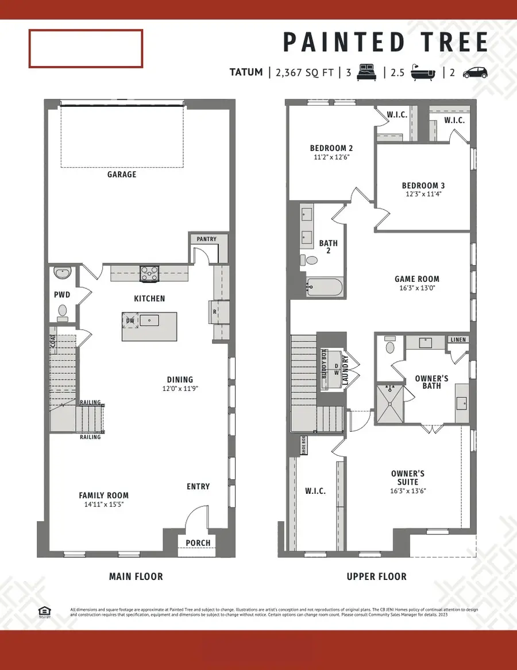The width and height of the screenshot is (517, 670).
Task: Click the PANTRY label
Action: point(206,238)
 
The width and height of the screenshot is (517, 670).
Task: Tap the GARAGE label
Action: point(122,174)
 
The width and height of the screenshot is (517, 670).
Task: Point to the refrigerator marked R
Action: point(215,312)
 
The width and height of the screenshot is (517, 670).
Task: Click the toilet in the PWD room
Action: point(63,311)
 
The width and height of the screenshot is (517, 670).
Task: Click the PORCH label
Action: point(198,543)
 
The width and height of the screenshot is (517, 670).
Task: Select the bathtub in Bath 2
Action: point(325,286)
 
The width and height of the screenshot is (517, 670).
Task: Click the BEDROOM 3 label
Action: point(423,185)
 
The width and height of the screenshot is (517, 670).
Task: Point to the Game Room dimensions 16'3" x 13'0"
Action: point(416,288)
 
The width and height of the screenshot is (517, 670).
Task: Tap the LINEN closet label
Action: point(458,340)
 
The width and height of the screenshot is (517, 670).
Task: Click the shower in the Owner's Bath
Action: point(390,402)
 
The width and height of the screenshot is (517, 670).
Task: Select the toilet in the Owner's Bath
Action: point(390,347)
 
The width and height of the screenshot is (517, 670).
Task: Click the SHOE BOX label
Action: point(304,445)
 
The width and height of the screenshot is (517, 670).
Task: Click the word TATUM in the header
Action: point(246,72)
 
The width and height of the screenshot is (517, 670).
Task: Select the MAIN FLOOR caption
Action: point(136,576)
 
